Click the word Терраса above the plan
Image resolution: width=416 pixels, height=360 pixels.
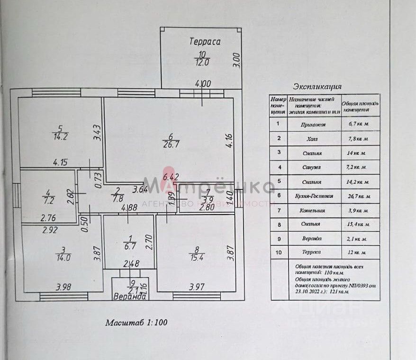click(205, 42)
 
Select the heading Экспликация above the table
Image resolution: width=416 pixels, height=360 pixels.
click(317, 86)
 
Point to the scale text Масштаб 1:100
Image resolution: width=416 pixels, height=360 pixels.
click(136, 323)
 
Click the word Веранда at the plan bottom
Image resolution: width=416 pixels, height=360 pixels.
click(129, 297)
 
